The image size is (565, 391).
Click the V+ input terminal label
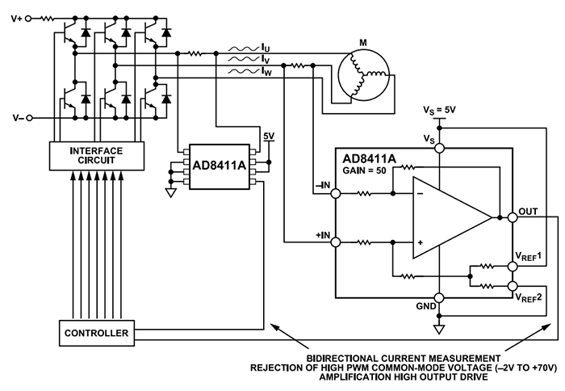click(x=15, y=15)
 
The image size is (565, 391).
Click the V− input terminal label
click(x=15, y=118)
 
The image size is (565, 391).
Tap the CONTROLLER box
click(x=96, y=332)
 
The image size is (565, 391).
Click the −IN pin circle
click(x=336, y=193)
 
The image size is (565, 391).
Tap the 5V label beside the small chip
click(x=269, y=136)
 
